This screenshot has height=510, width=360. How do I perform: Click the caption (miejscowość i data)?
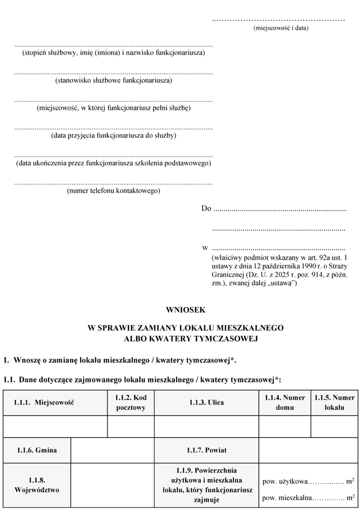(281, 28)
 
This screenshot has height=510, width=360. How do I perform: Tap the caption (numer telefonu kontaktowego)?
(113, 191)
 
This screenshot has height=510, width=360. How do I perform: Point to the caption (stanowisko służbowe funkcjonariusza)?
(113, 80)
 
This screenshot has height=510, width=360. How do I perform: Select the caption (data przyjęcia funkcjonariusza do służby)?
(113, 136)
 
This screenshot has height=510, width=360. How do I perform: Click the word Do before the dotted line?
(206, 209)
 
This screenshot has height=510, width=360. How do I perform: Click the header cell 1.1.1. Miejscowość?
(44, 403)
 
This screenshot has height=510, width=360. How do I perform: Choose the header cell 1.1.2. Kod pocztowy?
(131, 403)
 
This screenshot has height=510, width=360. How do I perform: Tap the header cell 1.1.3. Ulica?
(206, 403)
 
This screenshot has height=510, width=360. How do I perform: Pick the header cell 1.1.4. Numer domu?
(284, 403)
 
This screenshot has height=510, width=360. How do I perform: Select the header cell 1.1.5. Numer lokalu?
(334, 403)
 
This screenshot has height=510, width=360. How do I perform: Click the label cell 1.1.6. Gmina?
(37, 450)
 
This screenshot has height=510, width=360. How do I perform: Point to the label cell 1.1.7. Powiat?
(206, 450)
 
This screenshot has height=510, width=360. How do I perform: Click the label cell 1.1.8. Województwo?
(37, 485)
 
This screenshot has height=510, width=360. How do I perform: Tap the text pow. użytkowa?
(284, 482)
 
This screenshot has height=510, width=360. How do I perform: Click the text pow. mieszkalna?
(286, 498)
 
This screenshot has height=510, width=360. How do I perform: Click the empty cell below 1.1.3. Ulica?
(206, 426)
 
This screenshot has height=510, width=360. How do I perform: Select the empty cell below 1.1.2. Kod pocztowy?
(131, 426)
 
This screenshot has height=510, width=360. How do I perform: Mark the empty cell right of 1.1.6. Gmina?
(112, 450)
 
